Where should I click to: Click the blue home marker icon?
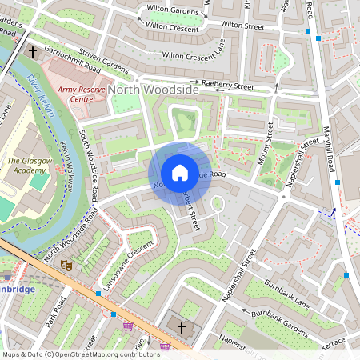[180, 173]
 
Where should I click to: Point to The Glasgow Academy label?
[27, 165]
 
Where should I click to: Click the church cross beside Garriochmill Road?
[33, 52]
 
